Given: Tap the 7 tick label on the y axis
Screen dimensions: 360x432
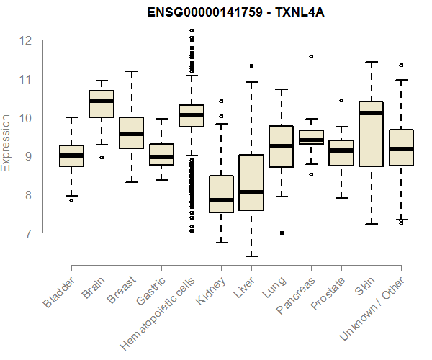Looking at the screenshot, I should (x=27, y=233).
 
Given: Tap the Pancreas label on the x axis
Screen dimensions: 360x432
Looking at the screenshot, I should (x=297, y=296).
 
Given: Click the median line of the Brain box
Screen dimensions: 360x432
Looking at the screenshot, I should (x=102, y=101).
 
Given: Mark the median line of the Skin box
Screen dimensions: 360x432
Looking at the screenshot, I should (x=372, y=113).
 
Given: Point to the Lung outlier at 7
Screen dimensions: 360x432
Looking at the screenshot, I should (x=282, y=233).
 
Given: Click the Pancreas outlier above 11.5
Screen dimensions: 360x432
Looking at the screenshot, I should (x=311, y=55).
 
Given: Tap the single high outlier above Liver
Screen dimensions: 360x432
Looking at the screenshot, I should (x=251, y=66).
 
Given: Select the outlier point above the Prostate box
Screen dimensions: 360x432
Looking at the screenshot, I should (x=341, y=100).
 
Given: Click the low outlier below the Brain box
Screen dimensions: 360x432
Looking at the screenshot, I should (x=102, y=156).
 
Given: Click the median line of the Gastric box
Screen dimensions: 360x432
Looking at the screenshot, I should (x=161, y=156).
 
